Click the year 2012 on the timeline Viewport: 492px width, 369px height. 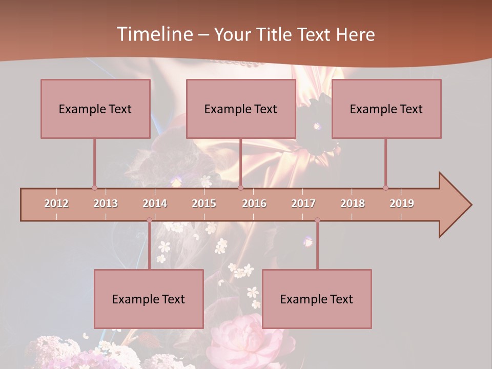pyautogui.click(x=56, y=203)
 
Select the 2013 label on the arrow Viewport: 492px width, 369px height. pyautogui.click(x=106, y=203)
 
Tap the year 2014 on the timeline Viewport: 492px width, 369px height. pyautogui.click(x=155, y=203)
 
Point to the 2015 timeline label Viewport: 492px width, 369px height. pyautogui.click(x=204, y=203)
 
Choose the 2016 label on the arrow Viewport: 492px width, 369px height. pyautogui.click(x=254, y=203)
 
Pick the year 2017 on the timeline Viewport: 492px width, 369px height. pyautogui.click(x=303, y=203)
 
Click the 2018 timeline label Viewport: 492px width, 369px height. pyautogui.click(x=353, y=203)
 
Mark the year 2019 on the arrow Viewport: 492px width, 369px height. pyautogui.click(x=402, y=203)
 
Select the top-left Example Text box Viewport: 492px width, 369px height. pyautogui.click(x=95, y=109)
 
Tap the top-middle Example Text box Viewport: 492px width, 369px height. pyautogui.click(x=241, y=109)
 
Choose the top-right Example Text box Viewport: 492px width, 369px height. pyautogui.click(x=386, y=109)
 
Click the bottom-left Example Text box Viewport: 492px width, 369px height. pyautogui.click(x=149, y=299)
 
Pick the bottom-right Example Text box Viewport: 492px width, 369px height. pyautogui.click(x=317, y=299)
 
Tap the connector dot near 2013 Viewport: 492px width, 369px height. pyautogui.click(x=94, y=188)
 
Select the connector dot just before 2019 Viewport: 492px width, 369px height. pyautogui.click(x=385, y=188)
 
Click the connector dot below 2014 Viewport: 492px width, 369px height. pyautogui.click(x=149, y=220)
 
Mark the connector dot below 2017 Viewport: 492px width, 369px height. pyautogui.click(x=317, y=220)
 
